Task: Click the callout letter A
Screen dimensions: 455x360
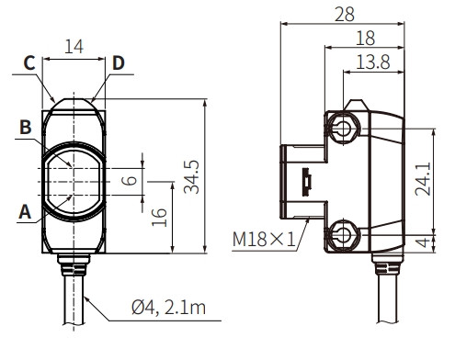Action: coord(25,212)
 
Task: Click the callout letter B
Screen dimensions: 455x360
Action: coord(26,127)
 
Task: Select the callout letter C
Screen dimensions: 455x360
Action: coord(29,63)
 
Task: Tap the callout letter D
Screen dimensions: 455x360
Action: coord(119,63)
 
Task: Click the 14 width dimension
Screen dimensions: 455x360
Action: coord(74,47)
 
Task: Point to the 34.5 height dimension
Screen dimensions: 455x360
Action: coord(191,177)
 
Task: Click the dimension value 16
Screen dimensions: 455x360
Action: coord(159,218)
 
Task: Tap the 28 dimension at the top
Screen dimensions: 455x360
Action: coord(345,15)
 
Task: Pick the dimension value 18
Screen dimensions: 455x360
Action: coord(366,39)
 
